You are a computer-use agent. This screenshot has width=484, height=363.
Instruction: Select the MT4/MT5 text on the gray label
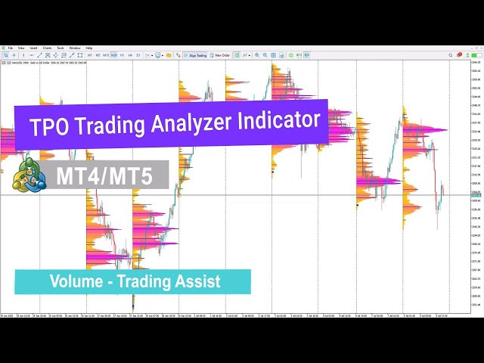coord(104,176)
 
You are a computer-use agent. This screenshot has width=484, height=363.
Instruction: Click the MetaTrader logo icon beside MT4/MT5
coord(29,175)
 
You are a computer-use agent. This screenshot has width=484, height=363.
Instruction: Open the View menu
coord(21,48)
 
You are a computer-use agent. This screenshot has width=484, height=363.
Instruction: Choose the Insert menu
coord(33,48)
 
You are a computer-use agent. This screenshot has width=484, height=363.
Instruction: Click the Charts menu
coord(47,48)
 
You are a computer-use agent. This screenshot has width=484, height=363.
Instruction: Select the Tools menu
coord(60,48)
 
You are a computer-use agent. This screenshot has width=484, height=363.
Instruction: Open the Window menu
coord(75,48)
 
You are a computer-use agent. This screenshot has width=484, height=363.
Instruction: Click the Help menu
coord(89,48)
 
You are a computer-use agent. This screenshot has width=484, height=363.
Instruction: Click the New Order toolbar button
coord(222,55)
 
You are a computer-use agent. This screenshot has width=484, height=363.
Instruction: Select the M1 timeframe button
coord(90,55)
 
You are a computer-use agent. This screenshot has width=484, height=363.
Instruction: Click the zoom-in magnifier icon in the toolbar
coord(257,55)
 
